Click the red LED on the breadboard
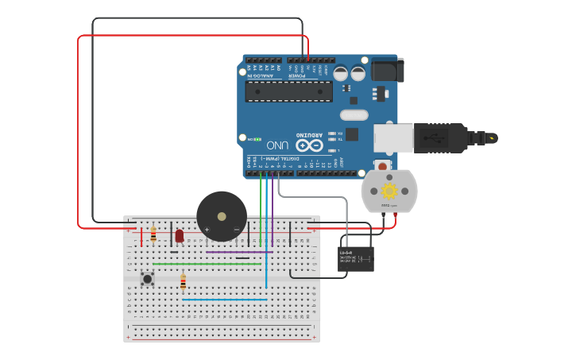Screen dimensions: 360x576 point(180,235)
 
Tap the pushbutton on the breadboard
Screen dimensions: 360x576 point(148,278)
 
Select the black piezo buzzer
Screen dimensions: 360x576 point(222,216)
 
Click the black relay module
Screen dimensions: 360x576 point(355,258)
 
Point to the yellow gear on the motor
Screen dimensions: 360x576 point(389,191)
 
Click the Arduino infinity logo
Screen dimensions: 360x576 point(310,145)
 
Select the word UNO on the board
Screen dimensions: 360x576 point(277,145)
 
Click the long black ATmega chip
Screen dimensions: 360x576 point(288,91)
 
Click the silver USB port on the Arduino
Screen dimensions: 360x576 point(394,138)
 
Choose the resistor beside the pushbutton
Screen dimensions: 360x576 point(184,283)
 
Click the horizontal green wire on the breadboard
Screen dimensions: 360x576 point(207,264)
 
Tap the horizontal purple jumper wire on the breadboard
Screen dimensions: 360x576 point(238,252)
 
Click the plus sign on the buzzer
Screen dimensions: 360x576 point(207,230)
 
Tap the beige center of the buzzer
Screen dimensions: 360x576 point(222,215)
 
